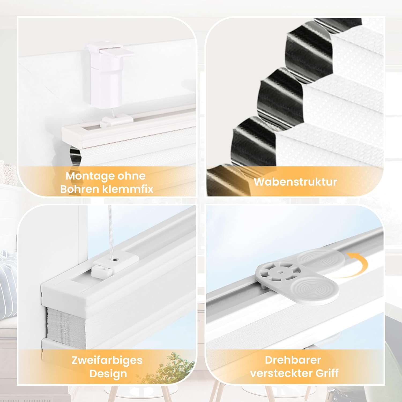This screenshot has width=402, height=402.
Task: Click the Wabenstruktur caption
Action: click(295, 182)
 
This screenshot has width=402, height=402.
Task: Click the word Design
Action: click(108, 374)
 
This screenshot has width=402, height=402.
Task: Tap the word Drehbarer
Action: click(293, 360)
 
